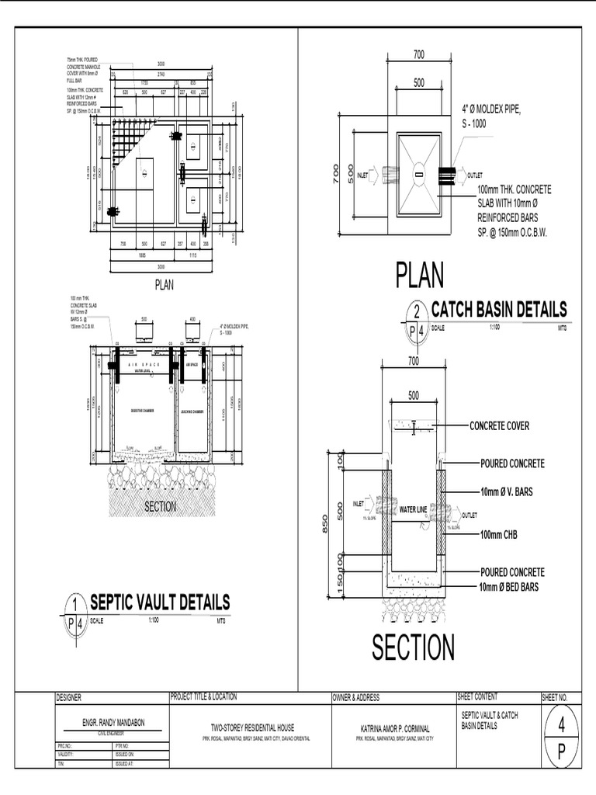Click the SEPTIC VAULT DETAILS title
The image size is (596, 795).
pos(160,602)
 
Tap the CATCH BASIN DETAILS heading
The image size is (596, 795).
pos(498,309)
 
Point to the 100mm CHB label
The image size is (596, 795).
pos(502,534)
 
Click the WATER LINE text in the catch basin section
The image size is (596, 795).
pos(413,510)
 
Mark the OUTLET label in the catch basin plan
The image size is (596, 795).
pos(474,175)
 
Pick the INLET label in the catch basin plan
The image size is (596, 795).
pos(362,175)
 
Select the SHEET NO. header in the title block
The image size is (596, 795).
pos(555,697)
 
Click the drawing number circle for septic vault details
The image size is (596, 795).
pos(74,605)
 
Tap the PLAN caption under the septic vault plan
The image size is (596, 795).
pos(165,285)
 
